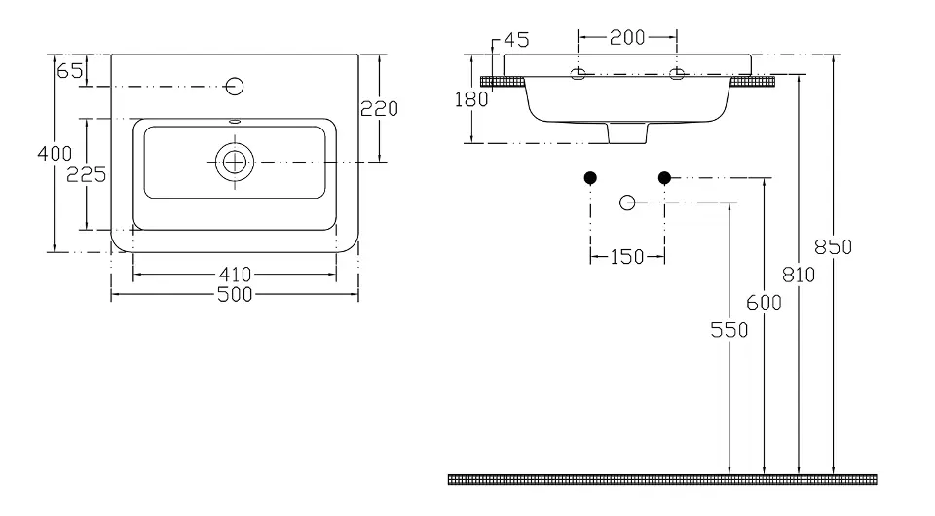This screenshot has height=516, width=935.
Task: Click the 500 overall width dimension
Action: pyautogui.click(x=235, y=294)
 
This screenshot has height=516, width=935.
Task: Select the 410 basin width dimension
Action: pyautogui.click(x=235, y=275)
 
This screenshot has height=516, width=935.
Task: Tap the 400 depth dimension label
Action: pyautogui.click(x=55, y=154)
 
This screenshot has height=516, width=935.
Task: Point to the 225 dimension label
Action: pyautogui.click(x=87, y=174)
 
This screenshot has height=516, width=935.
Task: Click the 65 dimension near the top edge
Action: pyautogui.click(x=70, y=71)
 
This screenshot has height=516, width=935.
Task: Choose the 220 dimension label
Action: pyautogui.click(x=379, y=108)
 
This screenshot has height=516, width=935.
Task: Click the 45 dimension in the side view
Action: pyautogui.click(x=516, y=40)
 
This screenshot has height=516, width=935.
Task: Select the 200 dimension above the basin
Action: pyautogui.click(x=627, y=38)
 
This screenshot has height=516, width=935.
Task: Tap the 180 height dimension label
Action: pyautogui.click(x=471, y=99)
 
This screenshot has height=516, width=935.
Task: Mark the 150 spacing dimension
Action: pyautogui.click(x=627, y=257)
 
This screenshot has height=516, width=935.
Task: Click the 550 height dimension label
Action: pyautogui.click(x=729, y=330)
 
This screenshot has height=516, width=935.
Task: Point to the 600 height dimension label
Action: pyautogui.click(x=764, y=303)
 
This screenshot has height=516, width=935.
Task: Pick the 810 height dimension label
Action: pyautogui.click(x=799, y=275)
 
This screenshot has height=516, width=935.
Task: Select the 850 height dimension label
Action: pyautogui.click(x=833, y=246)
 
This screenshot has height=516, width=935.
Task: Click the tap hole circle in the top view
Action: pyautogui.click(x=235, y=87)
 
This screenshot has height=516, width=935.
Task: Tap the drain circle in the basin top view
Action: pyautogui.click(x=235, y=162)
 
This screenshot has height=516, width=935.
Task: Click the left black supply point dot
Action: pyautogui.click(x=590, y=177)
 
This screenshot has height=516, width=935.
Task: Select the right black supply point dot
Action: pyautogui.click(x=665, y=177)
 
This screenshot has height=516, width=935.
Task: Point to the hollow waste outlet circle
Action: pyautogui.click(x=627, y=203)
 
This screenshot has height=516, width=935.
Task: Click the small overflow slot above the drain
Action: pyautogui.click(x=235, y=122)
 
